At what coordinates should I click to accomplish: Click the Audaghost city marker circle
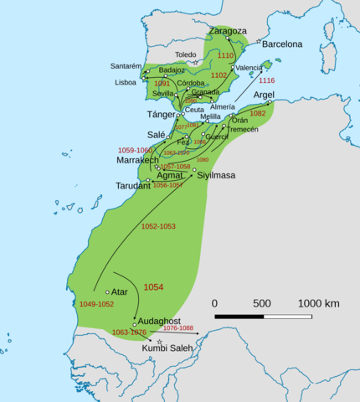click(134, 324)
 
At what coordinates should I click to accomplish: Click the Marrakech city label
click(138, 159)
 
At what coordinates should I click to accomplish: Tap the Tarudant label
click(133, 185)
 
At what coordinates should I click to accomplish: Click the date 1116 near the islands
click(266, 80)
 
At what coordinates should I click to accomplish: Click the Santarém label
click(126, 65)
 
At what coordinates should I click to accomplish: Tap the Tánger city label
click(162, 114)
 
